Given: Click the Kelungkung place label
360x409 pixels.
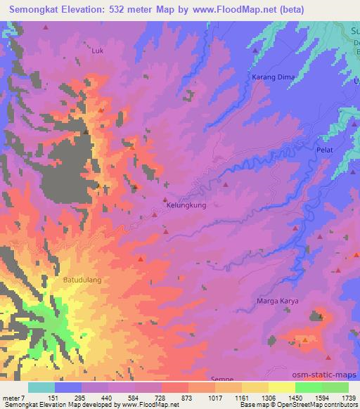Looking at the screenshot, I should pyautogui.click(x=186, y=206).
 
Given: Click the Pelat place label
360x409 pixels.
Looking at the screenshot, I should pyautogui.click(x=324, y=150).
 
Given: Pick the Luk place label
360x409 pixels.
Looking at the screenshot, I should pyautogui.click(x=98, y=51).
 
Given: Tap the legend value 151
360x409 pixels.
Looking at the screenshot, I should pyautogui.click(x=67, y=398).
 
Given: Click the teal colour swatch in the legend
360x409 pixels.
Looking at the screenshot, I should pyautogui.click(x=41, y=387).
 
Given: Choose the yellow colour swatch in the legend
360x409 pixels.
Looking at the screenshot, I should pyautogui.click(x=282, y=387).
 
